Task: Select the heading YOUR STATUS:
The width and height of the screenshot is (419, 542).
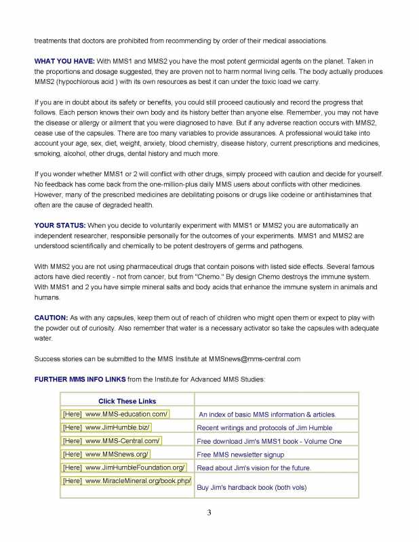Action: pos(60,224)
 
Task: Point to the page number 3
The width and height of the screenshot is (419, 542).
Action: pos(210,512)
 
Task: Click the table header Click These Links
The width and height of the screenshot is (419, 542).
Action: pos(127,401)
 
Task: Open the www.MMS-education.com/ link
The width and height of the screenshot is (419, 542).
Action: pos(127,414)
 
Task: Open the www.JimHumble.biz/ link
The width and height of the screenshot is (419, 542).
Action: pos(117,428)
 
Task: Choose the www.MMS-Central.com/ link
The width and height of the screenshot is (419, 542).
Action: pos(123,440)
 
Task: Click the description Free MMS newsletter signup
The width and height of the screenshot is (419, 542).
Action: pos(239,455)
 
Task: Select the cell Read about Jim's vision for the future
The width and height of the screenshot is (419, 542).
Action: pos(254,468)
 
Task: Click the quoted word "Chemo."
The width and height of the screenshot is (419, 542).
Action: pos(216,277)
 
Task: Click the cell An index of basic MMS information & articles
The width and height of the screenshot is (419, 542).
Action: pos(267,415)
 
